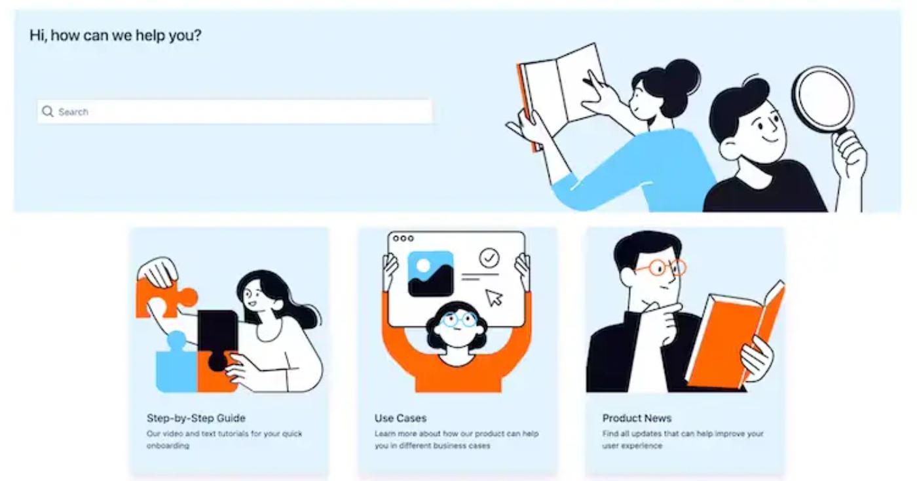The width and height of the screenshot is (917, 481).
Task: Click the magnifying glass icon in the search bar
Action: coord(47,111)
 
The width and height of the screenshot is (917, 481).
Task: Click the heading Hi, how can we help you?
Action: coord(115,35)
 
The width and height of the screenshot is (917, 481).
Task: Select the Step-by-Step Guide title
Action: coord(196,418)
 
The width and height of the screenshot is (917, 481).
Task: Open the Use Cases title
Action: coord(400,418)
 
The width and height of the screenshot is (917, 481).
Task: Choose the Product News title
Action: coord(637,418)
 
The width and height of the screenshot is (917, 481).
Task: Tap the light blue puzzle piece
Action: coord(175,367)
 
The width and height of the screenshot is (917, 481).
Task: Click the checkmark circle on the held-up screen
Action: coord(489,258)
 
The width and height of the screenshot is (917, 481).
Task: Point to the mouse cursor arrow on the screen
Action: coord(494,297)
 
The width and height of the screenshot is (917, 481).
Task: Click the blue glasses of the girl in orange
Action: coord(458,319)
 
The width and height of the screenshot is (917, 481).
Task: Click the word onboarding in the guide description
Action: coord(167,446)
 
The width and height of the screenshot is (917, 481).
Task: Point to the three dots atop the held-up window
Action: coord(403,238)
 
